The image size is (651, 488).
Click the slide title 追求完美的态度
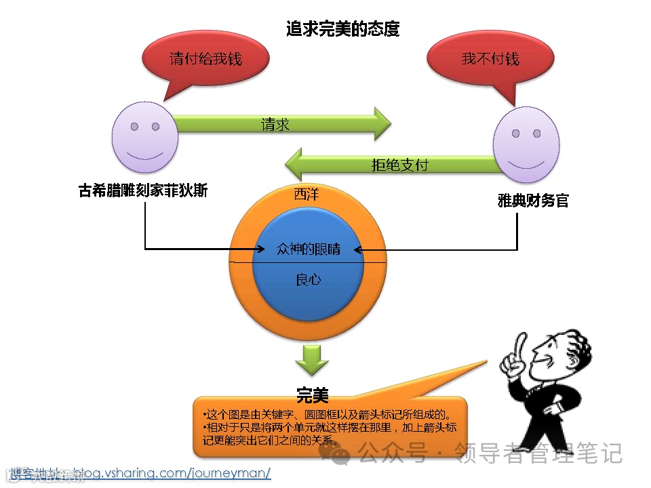pyautogui.click(x=342, y=29)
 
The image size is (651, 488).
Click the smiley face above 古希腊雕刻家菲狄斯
pyautogui.click(x=144, y=137)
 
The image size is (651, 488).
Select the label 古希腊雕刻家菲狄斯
pyautogui.click(x=143, y=191)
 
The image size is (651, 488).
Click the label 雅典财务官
pyautogui.click(x=533, y=200)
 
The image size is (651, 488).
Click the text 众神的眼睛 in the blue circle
pyautogui.click(x=309, y=249)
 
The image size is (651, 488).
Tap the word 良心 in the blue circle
pyautogui.click(x=309, y=279)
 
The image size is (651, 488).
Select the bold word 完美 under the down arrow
pyautogui.click(x=312, y=394)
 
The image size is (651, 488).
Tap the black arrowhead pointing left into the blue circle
pyautogui.click(x=358, y=249)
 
